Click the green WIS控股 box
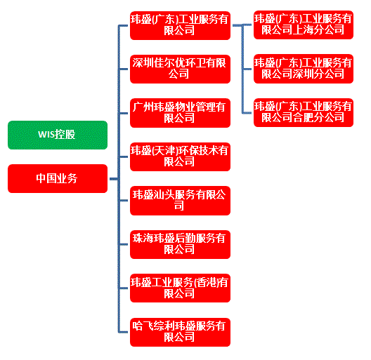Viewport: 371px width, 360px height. coord(58,135)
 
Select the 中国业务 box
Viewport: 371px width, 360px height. coord(58,178)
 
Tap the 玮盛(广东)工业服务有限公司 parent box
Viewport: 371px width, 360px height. coord(180,25)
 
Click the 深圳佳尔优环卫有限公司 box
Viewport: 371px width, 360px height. coord(180,69)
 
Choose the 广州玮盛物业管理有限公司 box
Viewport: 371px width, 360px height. coord(180,113)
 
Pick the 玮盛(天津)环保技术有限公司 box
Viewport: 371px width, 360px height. coord(180,156)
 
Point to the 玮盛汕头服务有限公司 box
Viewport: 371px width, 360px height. coord(180,201)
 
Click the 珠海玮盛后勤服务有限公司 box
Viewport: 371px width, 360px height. coord(180,244)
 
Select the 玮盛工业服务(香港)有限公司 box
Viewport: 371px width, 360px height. coord(180,288)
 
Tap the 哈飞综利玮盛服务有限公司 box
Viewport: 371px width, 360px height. coord(180,332)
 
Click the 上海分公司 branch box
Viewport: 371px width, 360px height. coord(304,25)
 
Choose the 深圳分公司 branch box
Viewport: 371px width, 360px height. coord(304,69)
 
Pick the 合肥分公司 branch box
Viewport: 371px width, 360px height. coord(304,112)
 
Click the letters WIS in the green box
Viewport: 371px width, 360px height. coord(46,135)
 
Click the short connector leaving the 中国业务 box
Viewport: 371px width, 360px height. coord(114,179)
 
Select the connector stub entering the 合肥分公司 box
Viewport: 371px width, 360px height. coord(247,113)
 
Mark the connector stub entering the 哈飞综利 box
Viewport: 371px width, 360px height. coord(123,332)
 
